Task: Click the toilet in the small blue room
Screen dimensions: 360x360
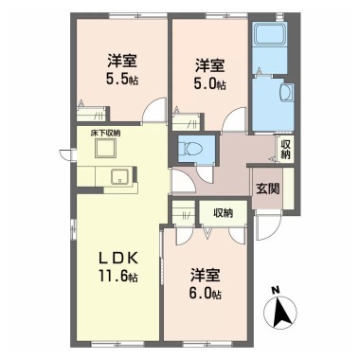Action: coord(188,148)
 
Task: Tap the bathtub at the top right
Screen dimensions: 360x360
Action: coord(270,33)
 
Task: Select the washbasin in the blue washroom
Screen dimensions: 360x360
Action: coord(287,93)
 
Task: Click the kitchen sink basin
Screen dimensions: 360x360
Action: coord(119,176)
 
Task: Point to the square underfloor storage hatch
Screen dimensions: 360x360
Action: coord(106,148)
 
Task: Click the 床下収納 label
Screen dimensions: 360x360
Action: coord(106,133)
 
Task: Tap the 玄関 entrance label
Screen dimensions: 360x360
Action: coord(267,189)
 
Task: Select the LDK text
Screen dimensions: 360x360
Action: coord(118,259)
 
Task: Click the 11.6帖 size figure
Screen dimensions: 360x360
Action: coord(118,277)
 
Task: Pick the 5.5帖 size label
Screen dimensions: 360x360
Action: coord(122,80)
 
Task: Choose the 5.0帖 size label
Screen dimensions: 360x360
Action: coord(210,83)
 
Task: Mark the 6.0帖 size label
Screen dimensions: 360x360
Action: coord(206,294)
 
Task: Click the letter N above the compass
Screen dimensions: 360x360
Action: coord(276,290)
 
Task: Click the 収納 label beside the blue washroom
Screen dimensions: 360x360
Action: coord(286,149)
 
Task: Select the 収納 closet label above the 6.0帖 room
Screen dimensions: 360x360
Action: coord(224,213)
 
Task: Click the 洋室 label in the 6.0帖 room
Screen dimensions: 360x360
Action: coord(206,276)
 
